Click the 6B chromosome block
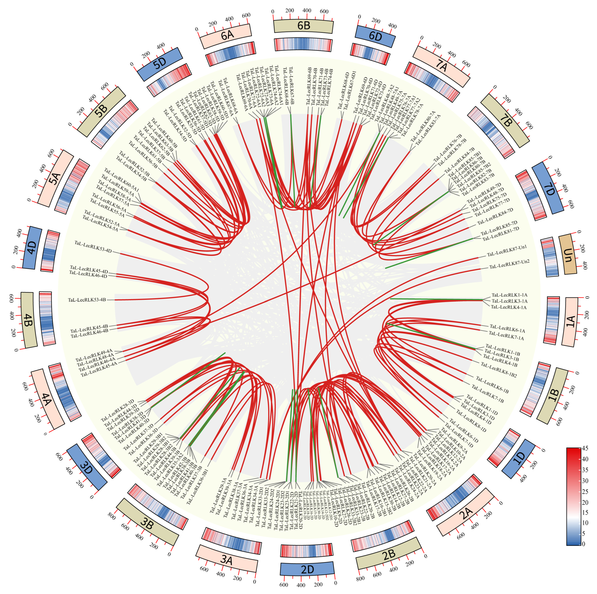pos(303,26)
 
